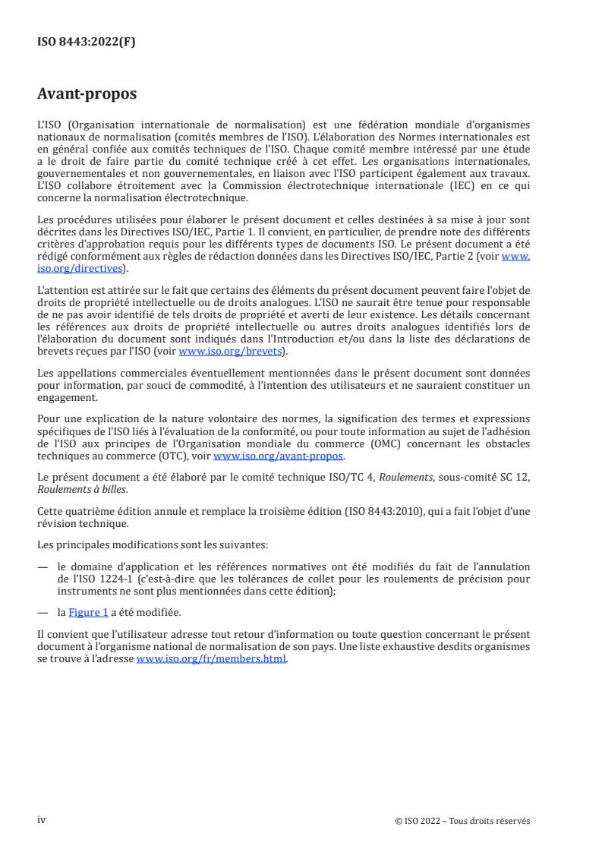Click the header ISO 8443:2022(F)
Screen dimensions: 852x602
tap(86, 42)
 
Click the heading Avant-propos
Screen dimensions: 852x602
tap(87, 94)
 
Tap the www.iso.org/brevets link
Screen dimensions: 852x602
tap(229, 352)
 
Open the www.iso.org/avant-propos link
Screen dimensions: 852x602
tap(279, 456)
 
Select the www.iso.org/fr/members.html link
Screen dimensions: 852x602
tap(212, 659)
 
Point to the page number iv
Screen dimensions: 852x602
tap(42, 819)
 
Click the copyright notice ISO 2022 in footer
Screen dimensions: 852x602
tap(462, 820)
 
